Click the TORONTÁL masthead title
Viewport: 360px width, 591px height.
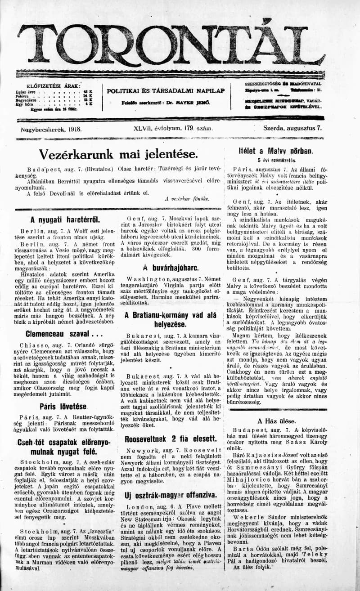[x=171, y=45]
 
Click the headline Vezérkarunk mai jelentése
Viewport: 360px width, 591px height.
[x=118, y=154]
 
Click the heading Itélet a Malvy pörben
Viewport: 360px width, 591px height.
[x=276, y=151]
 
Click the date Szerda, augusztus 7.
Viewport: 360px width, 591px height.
[x=292, y=128]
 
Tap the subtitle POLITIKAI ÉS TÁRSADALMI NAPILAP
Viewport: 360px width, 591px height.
[x=166, y=90]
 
